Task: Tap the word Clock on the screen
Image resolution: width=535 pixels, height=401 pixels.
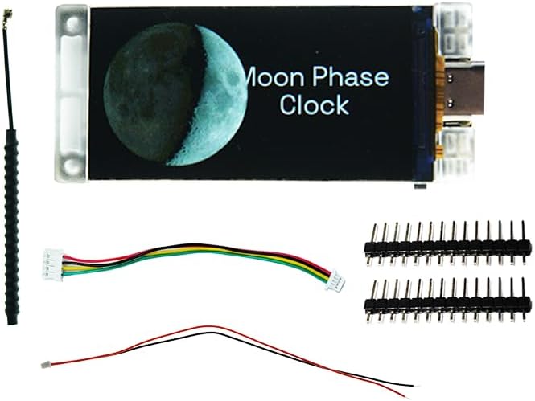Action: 315,104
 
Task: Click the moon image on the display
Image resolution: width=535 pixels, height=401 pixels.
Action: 175,94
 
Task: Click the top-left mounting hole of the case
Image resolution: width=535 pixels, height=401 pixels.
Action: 72,23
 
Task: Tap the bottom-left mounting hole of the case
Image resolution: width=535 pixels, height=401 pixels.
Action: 71,166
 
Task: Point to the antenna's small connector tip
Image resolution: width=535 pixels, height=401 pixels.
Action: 6,14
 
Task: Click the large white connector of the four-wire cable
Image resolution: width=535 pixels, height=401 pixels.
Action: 53,264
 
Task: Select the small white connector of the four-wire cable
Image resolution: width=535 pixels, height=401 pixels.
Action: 335,280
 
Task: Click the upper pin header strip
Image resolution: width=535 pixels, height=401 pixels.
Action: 447,243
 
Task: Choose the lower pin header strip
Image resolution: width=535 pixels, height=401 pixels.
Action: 447,301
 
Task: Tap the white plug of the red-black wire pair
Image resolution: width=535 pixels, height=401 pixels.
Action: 45,365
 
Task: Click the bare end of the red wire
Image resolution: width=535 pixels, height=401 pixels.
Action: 407,396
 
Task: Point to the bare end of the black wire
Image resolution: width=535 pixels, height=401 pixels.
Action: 416,386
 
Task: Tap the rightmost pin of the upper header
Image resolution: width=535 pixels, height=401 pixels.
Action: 524,243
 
